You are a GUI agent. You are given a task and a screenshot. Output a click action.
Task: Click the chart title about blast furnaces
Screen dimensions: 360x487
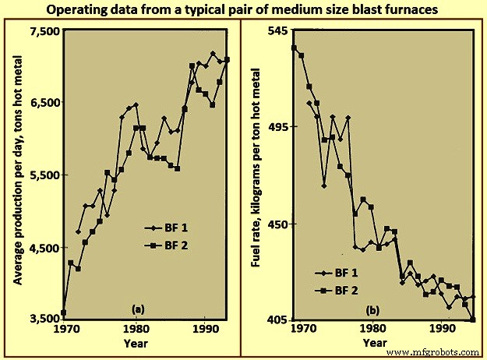click(x=242, y=10)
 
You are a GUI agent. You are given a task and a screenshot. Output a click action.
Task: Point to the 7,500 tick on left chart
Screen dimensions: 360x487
click(x=44, y=30)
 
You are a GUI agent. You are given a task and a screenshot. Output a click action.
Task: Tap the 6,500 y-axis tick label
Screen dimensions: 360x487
click(x=44, y=103)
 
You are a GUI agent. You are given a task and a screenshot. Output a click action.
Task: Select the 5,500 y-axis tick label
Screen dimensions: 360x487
click(x=44, y=175)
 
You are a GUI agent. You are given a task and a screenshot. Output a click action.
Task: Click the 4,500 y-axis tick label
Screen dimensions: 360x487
click(x=44, y=248)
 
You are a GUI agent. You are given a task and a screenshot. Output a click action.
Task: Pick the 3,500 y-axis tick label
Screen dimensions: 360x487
click(x=44, y=319)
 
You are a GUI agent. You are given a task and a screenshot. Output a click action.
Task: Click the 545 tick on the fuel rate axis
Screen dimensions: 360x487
click(x=278, y=30)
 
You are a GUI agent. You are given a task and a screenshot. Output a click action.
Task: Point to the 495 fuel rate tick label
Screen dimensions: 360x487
click(x=278, y=126)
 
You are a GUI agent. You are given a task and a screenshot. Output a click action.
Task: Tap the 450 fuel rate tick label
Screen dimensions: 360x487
click(x=278, y=224)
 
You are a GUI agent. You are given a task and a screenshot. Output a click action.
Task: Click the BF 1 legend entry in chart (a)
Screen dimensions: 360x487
click(x=167, y=228)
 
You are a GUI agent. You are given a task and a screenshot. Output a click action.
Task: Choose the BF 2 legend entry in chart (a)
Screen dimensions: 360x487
click(x=167, y=245)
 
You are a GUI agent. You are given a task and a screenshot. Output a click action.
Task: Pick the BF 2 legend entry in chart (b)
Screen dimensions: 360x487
click(x=338, y=291)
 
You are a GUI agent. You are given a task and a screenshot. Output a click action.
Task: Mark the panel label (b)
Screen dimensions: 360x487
click(x=379, y=310)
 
